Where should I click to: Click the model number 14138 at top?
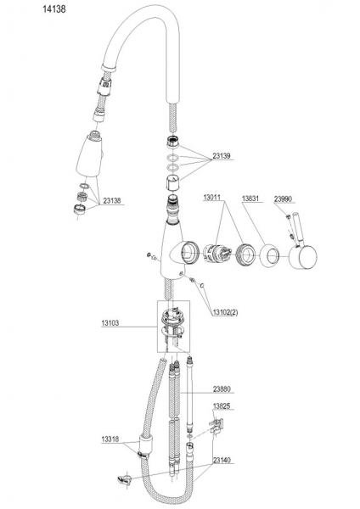(54, 9)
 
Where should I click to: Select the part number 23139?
(222, 156)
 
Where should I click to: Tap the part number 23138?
(111, 200)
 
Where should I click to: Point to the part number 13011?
(212, 198)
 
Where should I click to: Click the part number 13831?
(250, 199)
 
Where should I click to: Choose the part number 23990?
(283, 199)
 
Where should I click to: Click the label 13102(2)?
(225, 312)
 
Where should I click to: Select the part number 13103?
(110, 323)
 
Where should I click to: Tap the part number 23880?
(222, 389)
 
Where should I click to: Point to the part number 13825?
(222, 406)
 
